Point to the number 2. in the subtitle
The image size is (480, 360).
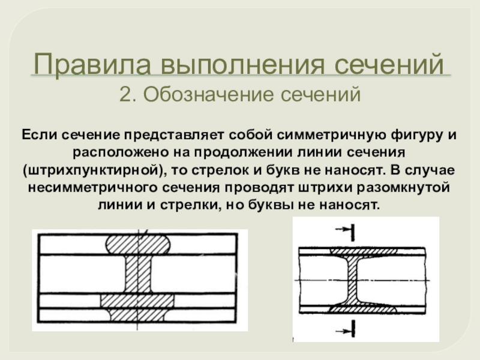(128, 94)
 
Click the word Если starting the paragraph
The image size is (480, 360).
(40, 135)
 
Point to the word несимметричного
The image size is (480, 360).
(93, 188)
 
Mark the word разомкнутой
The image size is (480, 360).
(403, 188)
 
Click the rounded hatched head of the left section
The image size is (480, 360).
(138, 244)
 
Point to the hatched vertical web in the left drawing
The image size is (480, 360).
(138, 274)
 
